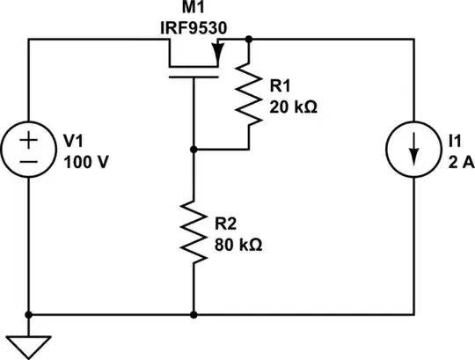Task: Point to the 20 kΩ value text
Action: point(295,110)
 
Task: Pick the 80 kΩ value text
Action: point(238,245)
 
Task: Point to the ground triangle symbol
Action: point(29,344)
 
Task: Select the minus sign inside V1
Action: point(29,162)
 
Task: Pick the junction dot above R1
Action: point(250,40)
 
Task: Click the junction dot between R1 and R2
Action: point(193,151)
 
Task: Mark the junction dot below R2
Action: point(193,314)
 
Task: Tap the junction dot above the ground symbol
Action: point(29,314)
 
